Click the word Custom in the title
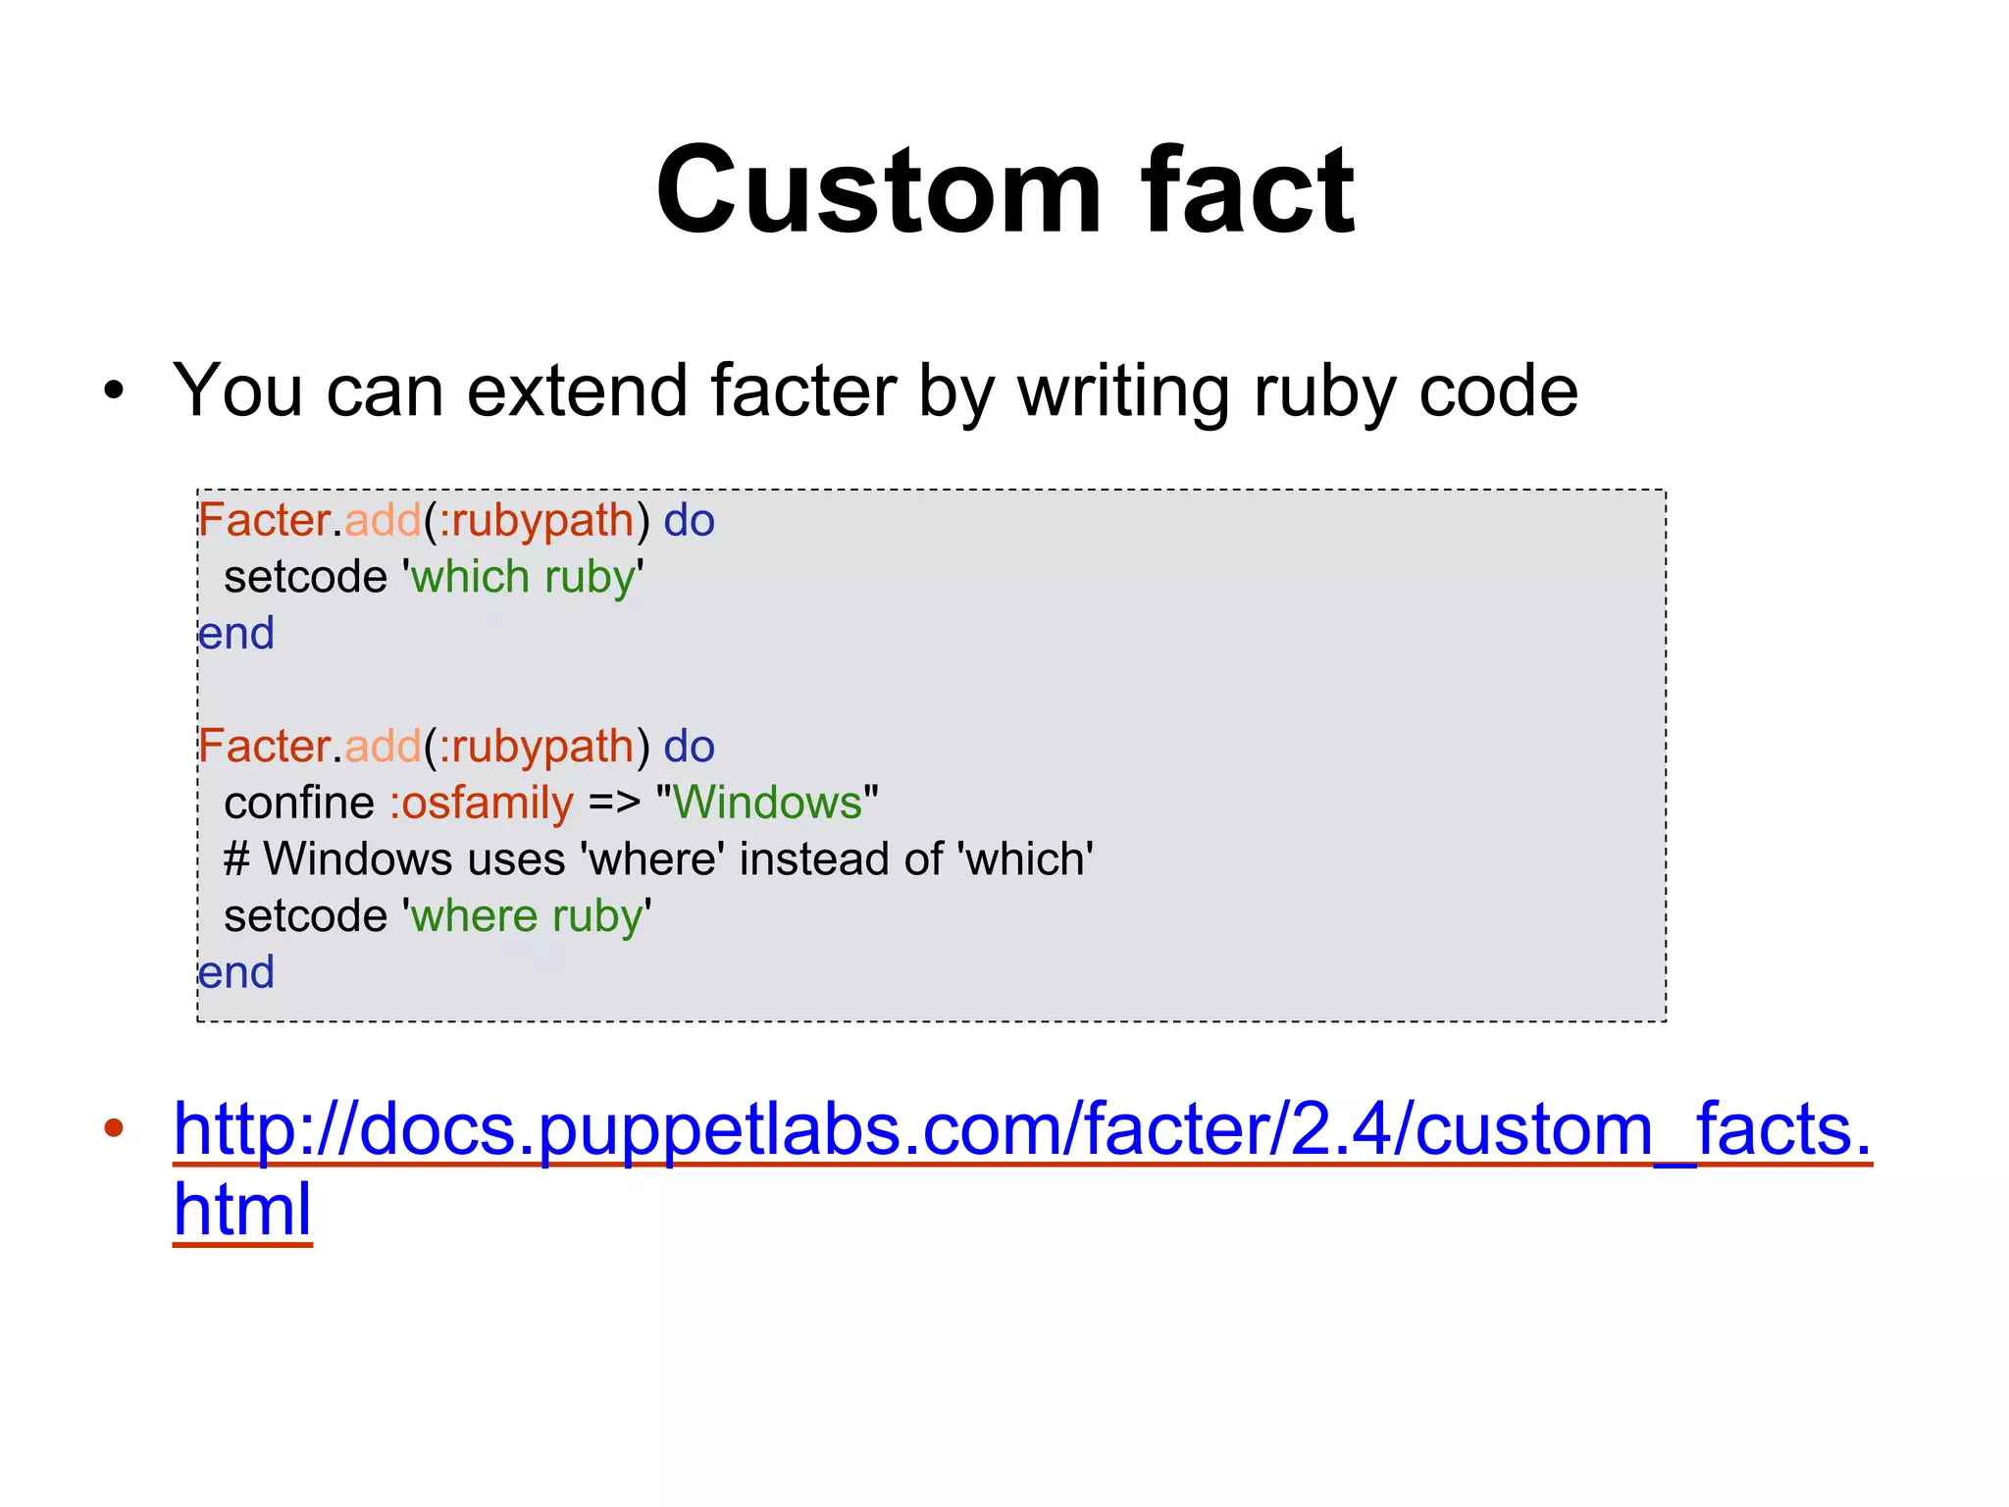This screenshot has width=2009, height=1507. pyautogui.click(x=879, y=190)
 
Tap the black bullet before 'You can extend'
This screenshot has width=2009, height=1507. pyautogui.click(x=114, y=391)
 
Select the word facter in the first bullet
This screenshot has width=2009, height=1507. pyautogui.click(x=803, y=391)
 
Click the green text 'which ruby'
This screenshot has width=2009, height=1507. pyautogui.click(x=523, y=577)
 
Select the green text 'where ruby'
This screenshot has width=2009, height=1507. pyautogui.click(x=527, y=916)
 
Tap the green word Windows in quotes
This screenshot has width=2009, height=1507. pyautogui.click(x=767, y=803)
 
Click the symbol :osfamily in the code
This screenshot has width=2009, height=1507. pyautogui.click(x=481, y=804)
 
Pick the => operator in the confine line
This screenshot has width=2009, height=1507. pyautogui.click(x=614, y=804)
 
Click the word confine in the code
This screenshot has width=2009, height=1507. pyautogui.click(x=299, y=804)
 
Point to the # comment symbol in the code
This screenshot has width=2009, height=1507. pyautogui.click(x=235, y=859)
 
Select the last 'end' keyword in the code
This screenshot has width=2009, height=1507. pyautogui.click(x=236, y=973)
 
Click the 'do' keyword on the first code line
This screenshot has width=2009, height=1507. pyautogui.click(x=689, y=521)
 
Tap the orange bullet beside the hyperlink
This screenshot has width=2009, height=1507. pyautogui.click(x=114, y=1128)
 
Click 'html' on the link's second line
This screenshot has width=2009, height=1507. pyautogui.click(x=242, y=1209)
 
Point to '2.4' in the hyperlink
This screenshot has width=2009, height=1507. pyautogui.click(x=1341, y=1130)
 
